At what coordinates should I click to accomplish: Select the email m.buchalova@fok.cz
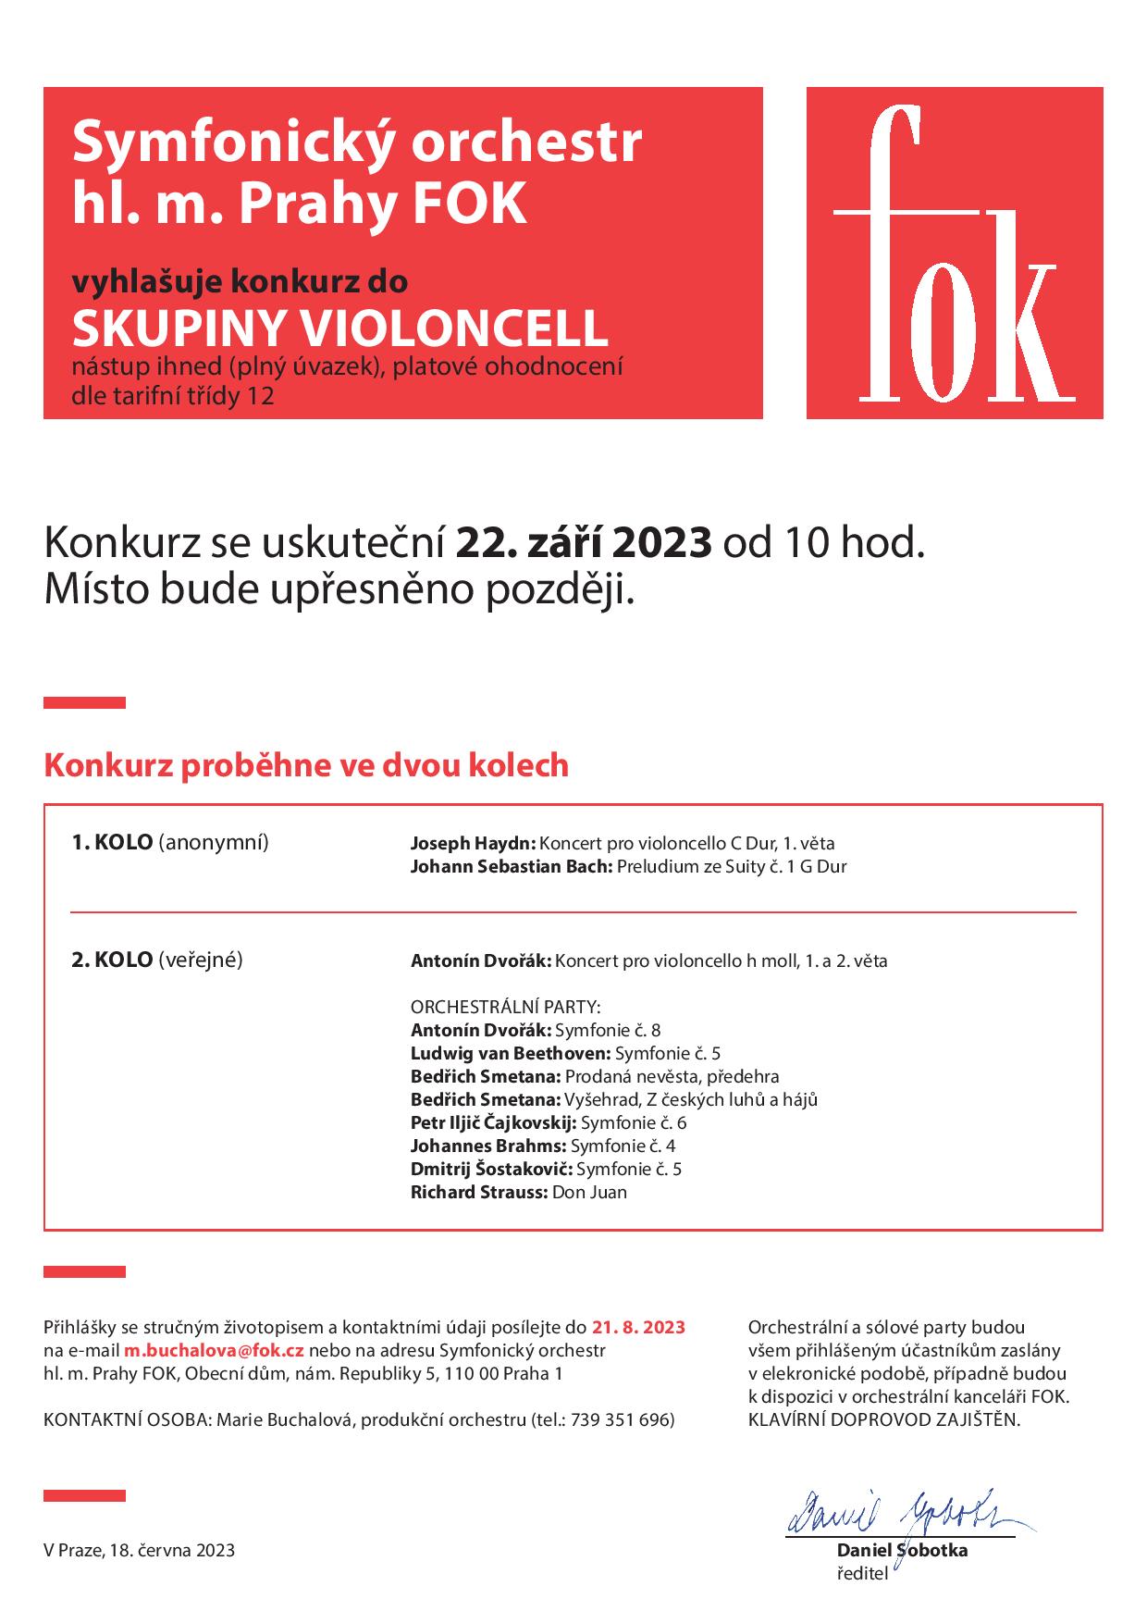click(215, 1350)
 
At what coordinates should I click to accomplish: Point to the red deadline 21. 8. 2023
click(638, 1327)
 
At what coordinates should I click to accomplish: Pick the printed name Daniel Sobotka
click(902, 1550)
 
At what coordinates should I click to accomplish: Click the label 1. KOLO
click(112, 843)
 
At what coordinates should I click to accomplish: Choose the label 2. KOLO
click(112, 960)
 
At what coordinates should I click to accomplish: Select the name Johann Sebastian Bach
click(511, 867)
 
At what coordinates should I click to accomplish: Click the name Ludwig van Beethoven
click(510, 1053)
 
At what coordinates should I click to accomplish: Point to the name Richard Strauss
click(478, 1192)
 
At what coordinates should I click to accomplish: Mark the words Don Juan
click(589, 1192)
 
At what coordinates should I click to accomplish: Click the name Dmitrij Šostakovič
click(490, 1169)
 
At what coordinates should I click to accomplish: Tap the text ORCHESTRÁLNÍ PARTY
click(505, 1007)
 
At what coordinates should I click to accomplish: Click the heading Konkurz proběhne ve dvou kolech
click(306, 766)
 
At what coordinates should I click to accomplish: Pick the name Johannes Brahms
click(487, 1146)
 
